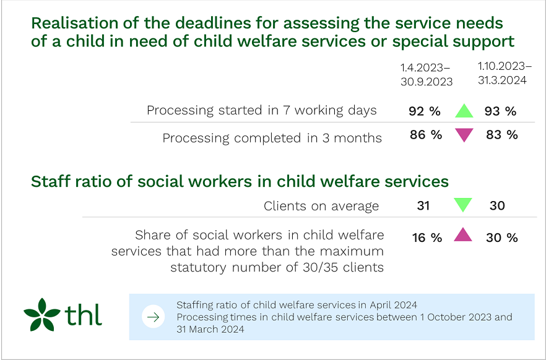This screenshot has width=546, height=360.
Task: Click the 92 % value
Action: pos(425,111)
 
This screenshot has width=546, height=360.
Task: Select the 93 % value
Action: pos(501,111)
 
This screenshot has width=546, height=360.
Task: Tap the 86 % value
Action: pos(426,135)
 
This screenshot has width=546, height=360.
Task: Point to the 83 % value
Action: pos(502,135)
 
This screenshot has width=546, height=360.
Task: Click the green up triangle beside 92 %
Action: pos(464,111)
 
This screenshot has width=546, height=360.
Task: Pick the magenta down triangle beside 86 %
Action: pos(464,135)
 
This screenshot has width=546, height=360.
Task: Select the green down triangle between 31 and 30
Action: pos(462,205)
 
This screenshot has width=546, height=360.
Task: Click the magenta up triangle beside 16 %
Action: pos(463,235)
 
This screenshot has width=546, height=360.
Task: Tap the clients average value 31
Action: pos(423,206)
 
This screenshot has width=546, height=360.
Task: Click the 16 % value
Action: pos(427,238)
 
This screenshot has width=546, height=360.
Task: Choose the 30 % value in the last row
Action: pos(502,238)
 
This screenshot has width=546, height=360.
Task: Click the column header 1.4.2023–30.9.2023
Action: pos(426,75)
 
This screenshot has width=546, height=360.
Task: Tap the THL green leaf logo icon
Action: pos(42,315)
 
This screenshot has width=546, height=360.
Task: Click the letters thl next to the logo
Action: pos(83,315)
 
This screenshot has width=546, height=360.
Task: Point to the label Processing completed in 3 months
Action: pos(272,138)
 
